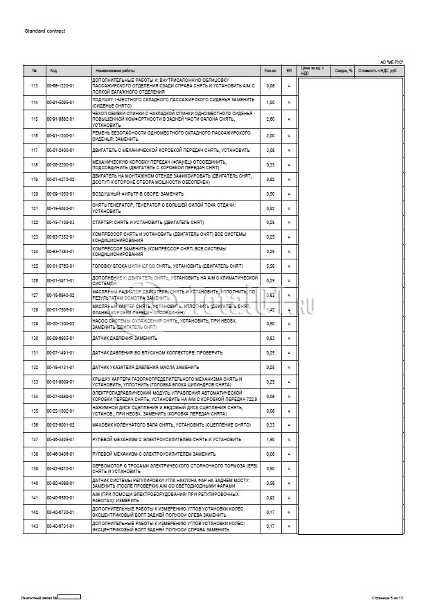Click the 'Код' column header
coord(54,71)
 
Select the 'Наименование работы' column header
coord(116,71)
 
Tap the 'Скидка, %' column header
coord(344,71)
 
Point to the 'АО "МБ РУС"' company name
coord(391,62)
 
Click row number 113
coord(34,85)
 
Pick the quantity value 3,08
coord(271,150)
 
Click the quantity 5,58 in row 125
coord(271,266)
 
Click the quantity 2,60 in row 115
coord(271,119)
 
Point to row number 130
coord(34,338)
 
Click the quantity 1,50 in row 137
coord(271,440)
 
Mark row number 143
coord(34,527)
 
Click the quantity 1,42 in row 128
coord(271,309)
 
